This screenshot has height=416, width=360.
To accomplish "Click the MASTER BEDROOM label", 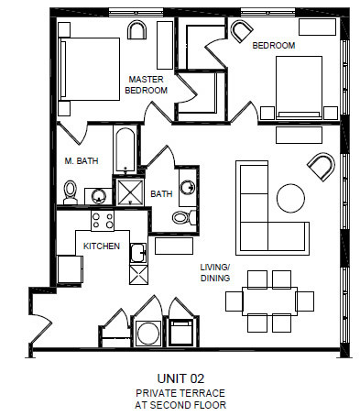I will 147,84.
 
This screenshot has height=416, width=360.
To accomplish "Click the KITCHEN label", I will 102,246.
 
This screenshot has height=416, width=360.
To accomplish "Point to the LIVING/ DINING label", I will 217,273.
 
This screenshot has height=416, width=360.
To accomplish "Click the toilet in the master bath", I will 70,192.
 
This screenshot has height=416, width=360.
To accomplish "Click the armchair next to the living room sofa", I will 321,167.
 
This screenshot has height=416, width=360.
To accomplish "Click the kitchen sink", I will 137,254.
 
